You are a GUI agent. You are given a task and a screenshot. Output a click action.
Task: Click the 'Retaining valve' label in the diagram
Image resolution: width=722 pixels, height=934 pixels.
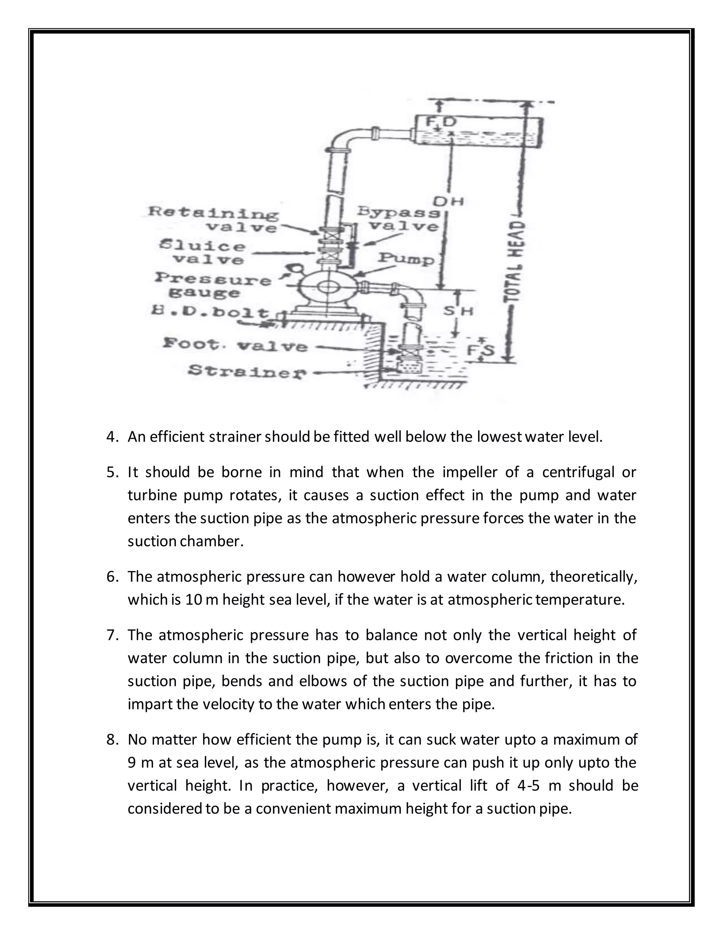point(213,219)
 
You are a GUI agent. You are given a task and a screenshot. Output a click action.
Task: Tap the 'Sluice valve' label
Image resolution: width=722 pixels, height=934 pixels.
point(203,253)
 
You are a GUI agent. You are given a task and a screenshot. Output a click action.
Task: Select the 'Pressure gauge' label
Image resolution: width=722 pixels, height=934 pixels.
point(213,286)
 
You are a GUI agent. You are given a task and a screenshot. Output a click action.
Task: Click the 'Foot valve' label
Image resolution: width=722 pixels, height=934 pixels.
point(235,345)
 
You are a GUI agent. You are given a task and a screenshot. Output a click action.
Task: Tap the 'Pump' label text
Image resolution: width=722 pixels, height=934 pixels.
point(406,259)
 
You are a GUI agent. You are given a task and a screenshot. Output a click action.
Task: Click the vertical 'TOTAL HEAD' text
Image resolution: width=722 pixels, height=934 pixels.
point(516,261)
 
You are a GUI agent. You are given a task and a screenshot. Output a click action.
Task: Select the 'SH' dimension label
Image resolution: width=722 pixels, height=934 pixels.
point(458,311)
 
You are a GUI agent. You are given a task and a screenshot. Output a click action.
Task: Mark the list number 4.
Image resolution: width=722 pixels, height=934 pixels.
point(112,437)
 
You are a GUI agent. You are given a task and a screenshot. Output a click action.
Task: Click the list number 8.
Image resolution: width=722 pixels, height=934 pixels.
point(112,739)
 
